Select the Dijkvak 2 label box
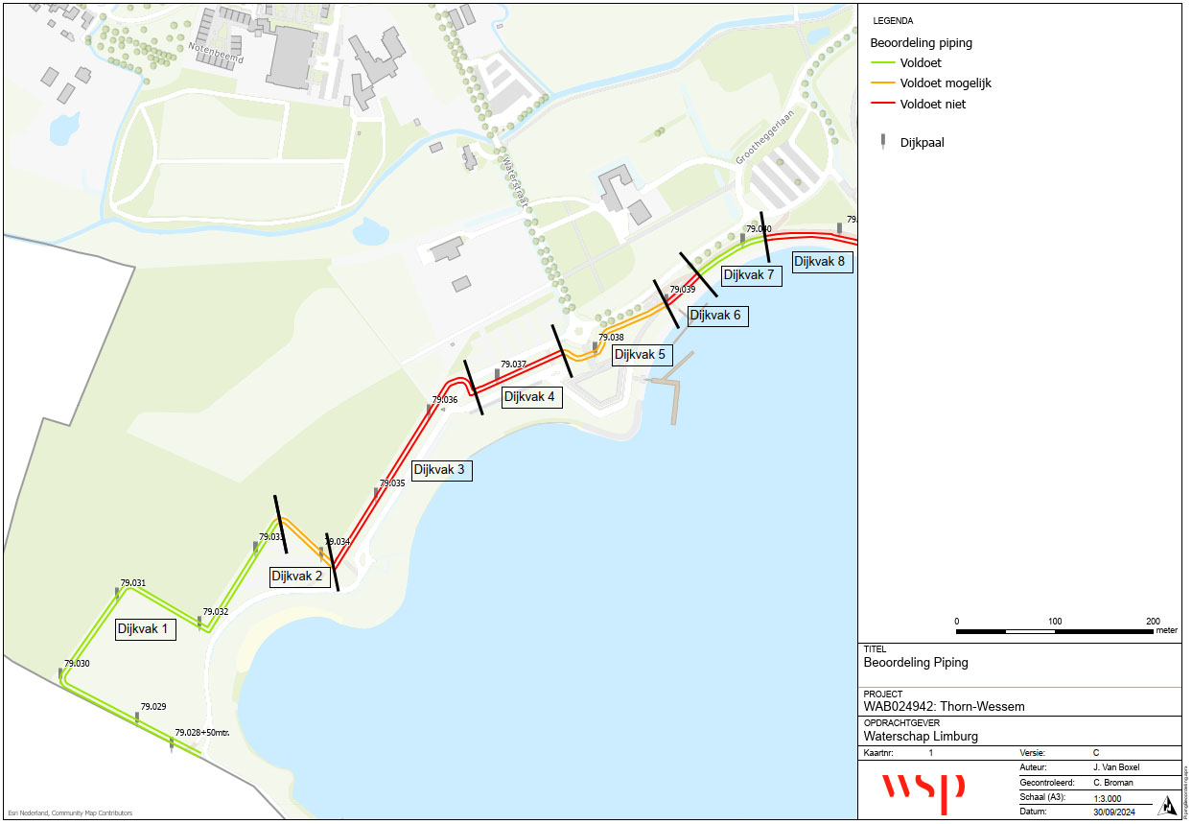pyautogui.click(x=301, y=577)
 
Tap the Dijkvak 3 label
pyautogui.click(x=442, y=470)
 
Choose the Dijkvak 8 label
pyautogui.click(x=822, y=261)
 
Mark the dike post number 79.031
pyautogui.click(x=133, y=582)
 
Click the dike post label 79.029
pyautogui.click(x=153, y=706)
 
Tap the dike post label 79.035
pyautogui.click(x=392, y=483)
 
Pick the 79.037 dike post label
pyautogui.click(x=514, y=365)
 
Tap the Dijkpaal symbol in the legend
pyautogui.click(x=882, y=143)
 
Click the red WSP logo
pyautogui.click(x=923, y=789)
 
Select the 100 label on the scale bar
pyautogui.click(x=1055, y=622)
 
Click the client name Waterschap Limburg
pyautogui.click(x=921, y=737)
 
